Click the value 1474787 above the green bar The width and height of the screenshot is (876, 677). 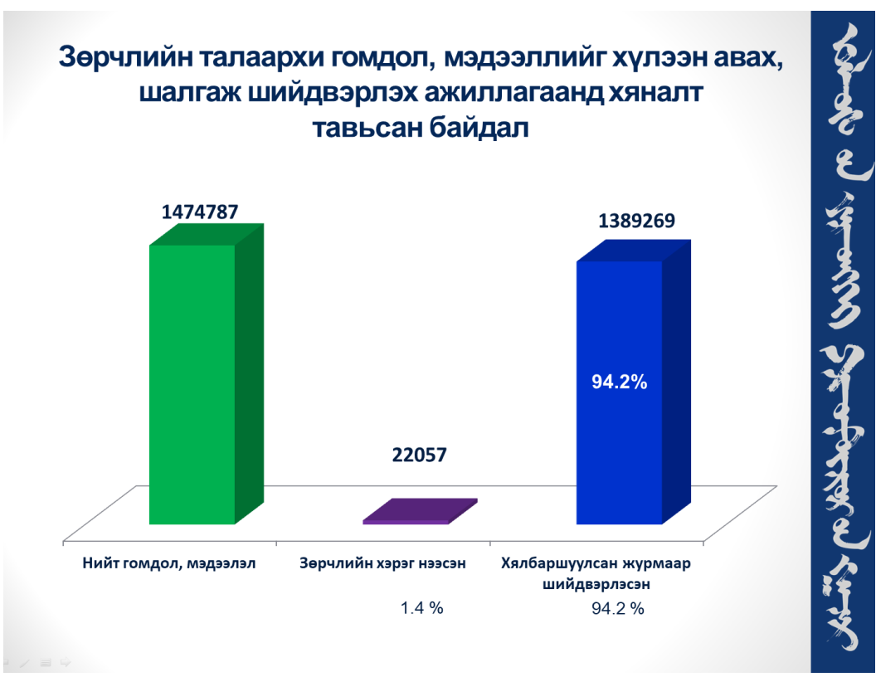click(200, 212)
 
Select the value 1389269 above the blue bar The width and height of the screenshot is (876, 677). click(637, 221)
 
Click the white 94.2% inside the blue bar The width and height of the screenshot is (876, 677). click(619, 382)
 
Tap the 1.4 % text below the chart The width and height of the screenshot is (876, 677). click(421, 608)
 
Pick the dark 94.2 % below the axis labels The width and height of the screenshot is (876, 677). click(617, 608)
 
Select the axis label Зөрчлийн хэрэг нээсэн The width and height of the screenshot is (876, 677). click(382, 563)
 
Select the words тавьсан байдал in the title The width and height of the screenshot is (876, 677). click(419, 129)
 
